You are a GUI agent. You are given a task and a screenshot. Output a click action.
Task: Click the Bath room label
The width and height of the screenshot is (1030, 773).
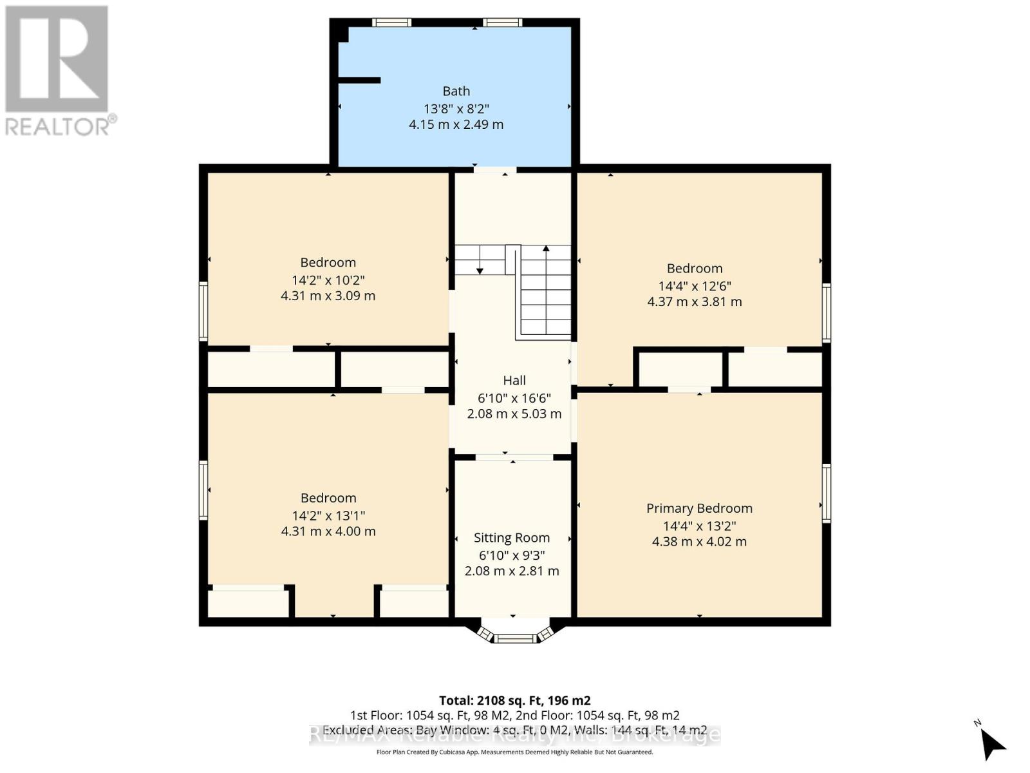(456, 91)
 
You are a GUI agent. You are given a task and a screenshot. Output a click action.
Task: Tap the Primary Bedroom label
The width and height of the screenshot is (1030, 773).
(699, 508)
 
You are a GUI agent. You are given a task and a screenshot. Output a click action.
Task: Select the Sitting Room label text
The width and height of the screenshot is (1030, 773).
(512, 538)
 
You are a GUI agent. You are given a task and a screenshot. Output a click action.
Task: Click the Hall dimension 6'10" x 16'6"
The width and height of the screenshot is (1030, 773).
(514, 398)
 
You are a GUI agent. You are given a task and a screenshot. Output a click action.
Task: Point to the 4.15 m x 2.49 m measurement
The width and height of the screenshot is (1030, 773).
(456, 124)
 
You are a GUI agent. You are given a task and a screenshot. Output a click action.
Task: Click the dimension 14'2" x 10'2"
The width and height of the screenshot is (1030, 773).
(328, 280)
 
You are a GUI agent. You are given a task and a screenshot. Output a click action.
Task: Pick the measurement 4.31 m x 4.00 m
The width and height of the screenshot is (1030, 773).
(328, 531)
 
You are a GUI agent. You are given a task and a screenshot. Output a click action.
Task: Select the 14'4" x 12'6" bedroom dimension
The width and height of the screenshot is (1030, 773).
(694, 286)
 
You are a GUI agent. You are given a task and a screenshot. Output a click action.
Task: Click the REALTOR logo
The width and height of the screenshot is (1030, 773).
(58, 71)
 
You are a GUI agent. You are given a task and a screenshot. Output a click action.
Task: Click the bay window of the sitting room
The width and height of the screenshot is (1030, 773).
(515, 638)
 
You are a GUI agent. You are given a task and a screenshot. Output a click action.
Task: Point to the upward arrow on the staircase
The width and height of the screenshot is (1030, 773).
(546, 249)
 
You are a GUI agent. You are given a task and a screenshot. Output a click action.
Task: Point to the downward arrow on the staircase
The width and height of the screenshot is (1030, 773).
(480, 271)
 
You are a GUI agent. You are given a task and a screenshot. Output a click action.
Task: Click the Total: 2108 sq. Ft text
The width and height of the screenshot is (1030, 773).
(514, 700)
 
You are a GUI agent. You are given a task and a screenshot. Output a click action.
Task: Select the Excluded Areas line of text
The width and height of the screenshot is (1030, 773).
(514, 730)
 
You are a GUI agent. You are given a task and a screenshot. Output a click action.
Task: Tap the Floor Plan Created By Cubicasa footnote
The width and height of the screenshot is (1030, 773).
(514, 752)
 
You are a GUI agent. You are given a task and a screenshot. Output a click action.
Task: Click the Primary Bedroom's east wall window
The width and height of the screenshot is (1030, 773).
(827, 493)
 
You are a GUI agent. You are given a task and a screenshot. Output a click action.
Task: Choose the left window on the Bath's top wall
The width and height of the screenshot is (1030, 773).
(391, 23)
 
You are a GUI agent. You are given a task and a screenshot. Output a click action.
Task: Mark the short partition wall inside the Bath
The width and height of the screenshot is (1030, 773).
(359, 81)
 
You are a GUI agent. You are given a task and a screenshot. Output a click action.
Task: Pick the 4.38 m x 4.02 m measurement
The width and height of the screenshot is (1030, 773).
(699, 542)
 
